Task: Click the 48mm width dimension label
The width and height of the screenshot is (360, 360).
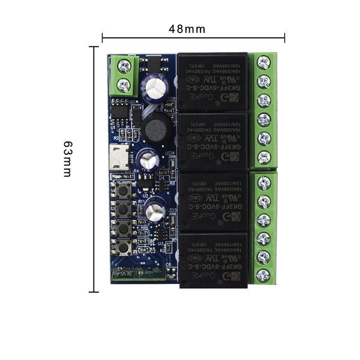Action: [x=187, y=29]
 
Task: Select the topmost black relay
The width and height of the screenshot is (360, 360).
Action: [x=212, y=81]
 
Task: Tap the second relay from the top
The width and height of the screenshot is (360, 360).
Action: [x=212, y=141]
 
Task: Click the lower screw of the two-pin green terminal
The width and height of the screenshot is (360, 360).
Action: [x=124, y=85]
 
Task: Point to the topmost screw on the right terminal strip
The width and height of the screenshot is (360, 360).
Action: [x=263, y=62]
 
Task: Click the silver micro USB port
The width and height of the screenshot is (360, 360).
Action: [x=121, y=159]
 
